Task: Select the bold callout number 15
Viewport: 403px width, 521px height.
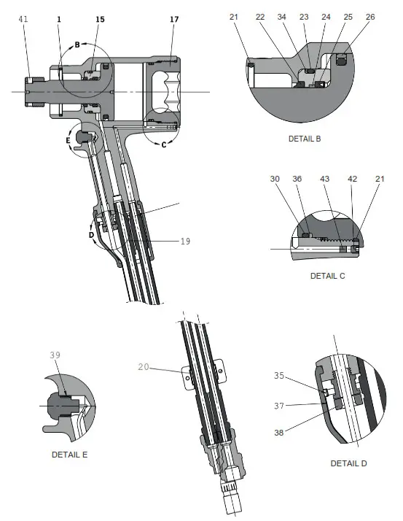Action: [x=100, y=19]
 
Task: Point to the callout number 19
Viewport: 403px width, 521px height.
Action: [x=184, y=241]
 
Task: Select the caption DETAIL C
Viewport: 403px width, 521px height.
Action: [x=328, y=277]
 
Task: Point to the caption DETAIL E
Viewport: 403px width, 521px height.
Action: [x=70, y=454]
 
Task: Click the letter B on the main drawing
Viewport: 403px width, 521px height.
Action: [x=77, y=45]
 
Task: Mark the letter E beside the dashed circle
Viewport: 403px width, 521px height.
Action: [x=69, y=138]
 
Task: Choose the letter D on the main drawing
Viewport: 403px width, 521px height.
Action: [x=91, y=235]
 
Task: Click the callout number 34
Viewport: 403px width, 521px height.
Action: [x=281, y=17]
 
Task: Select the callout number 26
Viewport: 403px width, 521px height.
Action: [x=370, y=17]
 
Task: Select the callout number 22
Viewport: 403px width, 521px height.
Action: [x=261, y=17]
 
